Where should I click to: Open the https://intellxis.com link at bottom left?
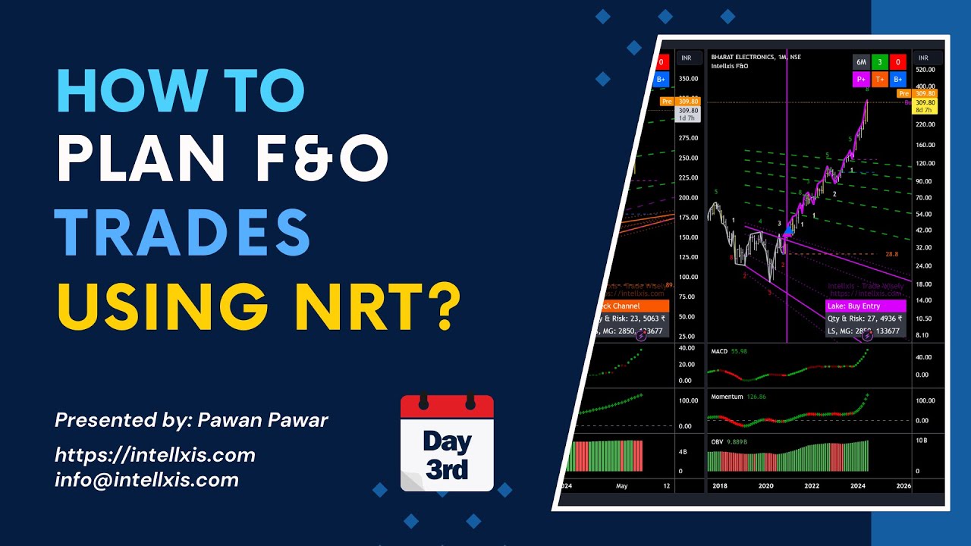[155, 455]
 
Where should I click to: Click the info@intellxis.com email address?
[146, 479]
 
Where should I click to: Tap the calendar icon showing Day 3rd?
[447, 444]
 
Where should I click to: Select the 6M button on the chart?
[861, 62]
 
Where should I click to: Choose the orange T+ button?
[880, 79]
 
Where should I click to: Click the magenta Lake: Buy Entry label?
[855, 306]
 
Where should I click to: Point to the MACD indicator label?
[719, 352]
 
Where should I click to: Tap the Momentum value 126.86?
[757, 397]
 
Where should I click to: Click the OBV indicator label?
[717, 441]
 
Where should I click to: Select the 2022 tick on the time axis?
[812, 486]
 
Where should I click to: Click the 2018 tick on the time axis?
[719, 486]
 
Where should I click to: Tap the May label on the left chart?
[622, 486]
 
